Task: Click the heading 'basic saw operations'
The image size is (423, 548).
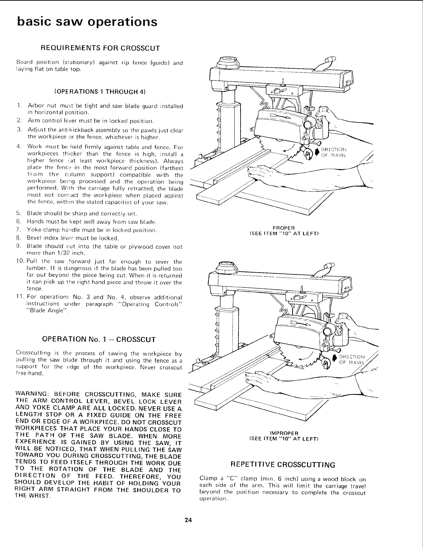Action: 87,21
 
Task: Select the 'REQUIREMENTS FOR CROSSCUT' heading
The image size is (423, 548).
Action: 100,47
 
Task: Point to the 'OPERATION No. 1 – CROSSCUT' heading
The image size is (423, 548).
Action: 99,338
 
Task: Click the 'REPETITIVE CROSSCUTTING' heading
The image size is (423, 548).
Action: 283,465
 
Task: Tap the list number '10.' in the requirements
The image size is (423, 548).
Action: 20,262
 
